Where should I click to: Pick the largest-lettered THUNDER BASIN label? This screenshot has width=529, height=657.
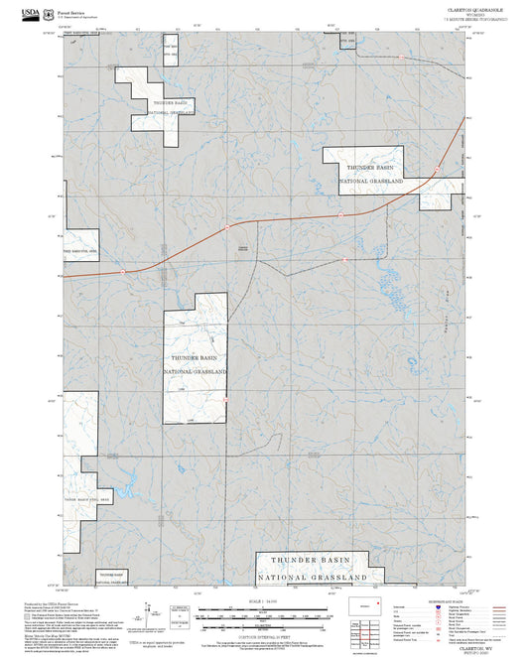313,561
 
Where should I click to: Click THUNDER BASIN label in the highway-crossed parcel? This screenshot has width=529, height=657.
372,170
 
